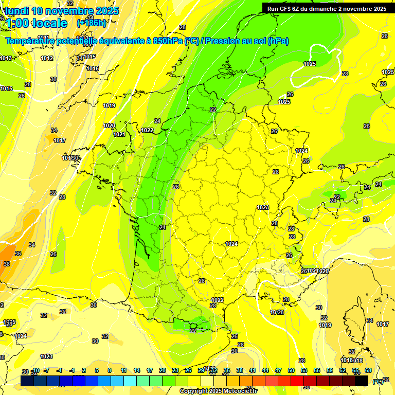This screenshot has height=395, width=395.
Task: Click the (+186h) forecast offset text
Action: [x=91, y=23]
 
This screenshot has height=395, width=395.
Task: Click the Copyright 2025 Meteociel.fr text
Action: [x=218, y=391]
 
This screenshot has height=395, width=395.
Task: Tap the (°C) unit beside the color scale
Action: [x=378, y=382]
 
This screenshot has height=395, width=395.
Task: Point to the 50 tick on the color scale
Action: [x=291, y=370]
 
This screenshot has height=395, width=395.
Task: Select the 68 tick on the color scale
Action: [x=368, y=370]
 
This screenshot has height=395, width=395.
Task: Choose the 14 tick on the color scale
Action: [x=137, y=370]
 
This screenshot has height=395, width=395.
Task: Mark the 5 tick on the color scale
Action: [x=97, y=370]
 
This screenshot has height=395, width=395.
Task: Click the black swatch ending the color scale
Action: [x=362, y=381]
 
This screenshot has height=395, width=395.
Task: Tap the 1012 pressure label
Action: [x=47, y=58]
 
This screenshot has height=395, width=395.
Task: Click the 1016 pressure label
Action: [x=93, y=68]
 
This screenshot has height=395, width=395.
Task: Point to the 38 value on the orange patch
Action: [x=6, y=264]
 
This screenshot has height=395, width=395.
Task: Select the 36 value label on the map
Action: [x=18, y=254]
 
